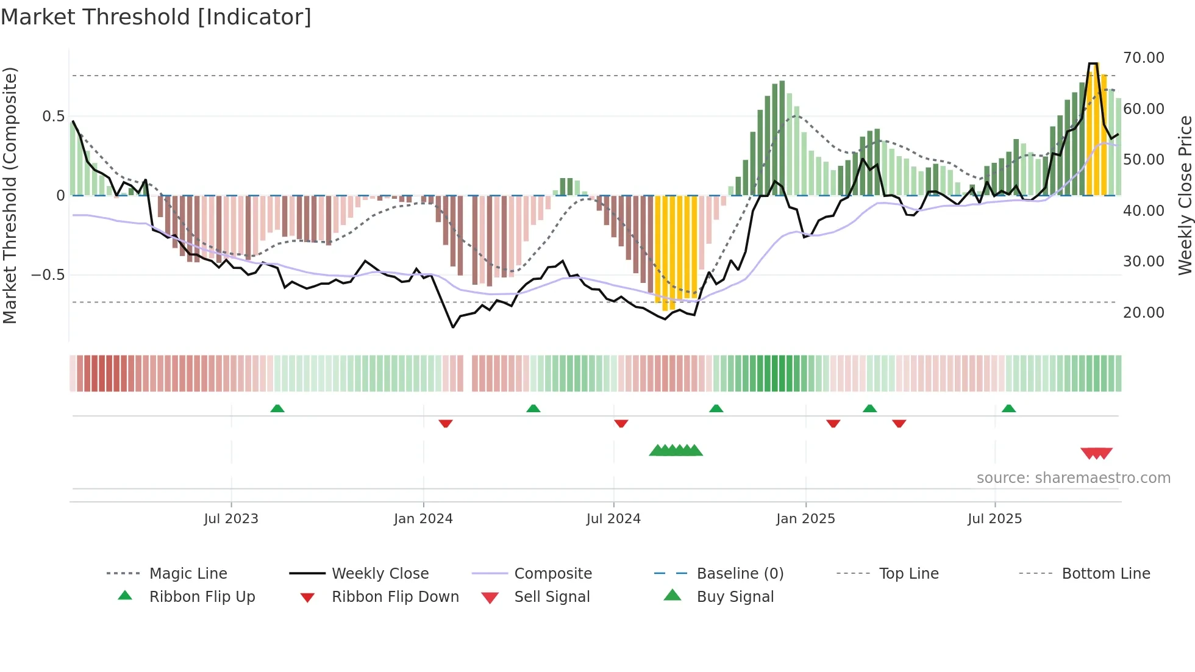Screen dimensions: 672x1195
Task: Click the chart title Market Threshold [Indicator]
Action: point(156,17)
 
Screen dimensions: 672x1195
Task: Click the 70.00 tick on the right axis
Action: point(1143,58)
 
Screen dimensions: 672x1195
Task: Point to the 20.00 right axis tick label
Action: point(1143,313)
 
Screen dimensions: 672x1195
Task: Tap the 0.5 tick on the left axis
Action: point(53,116)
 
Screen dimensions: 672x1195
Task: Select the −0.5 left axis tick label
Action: point(48,275)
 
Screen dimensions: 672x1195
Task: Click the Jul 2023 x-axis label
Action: point(231,519)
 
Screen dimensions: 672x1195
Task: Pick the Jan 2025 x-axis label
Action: point(805,519)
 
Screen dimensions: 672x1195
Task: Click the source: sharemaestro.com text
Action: point(1073,478)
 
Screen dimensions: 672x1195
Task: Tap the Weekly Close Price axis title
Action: point(1185,195)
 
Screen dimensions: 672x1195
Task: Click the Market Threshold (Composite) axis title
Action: point(10,195)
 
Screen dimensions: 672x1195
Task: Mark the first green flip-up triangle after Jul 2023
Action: point(277,409)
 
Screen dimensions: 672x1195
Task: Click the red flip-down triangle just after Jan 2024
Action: point(446,423)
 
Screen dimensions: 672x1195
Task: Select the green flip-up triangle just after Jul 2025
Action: point(1009,409)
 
